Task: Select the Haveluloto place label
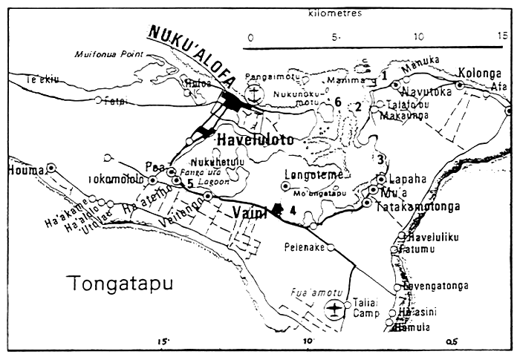click(x=255, y=139)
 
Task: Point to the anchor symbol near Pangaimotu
click(x=254, y=94)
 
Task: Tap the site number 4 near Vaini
click(x=292, y=210)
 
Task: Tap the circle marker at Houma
click(x=51, y=168)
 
